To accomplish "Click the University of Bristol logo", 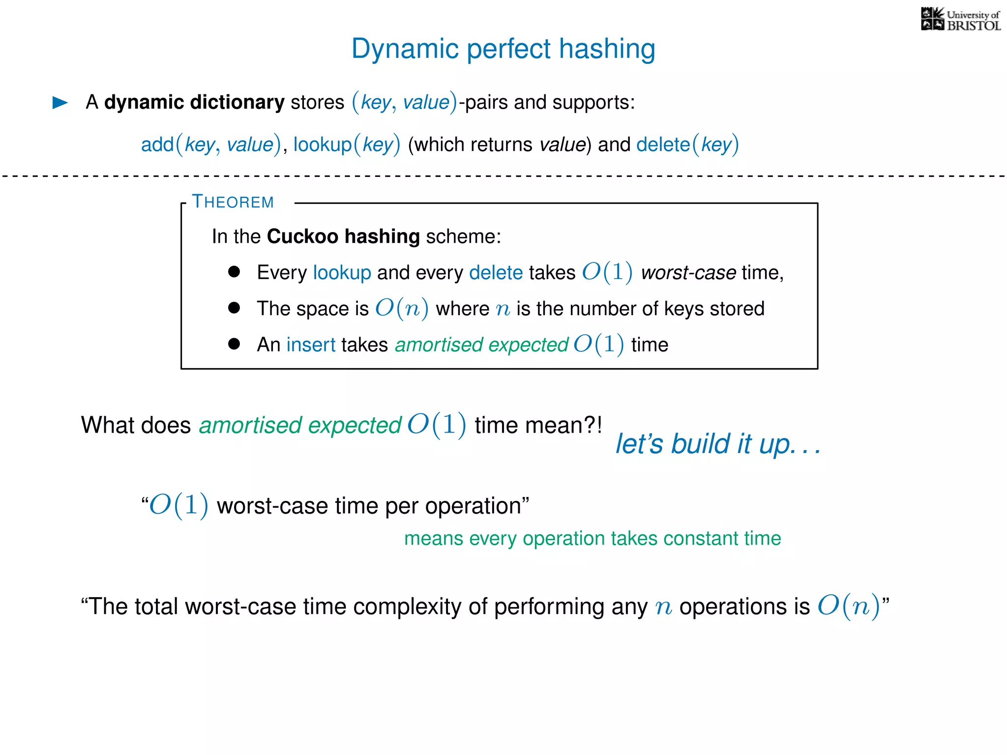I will (960, 20).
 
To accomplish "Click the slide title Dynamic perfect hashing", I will (503, 49).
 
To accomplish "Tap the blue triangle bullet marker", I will (60, 103).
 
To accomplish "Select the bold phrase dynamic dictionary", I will (194, 102).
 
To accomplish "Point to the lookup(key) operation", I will (347, 145).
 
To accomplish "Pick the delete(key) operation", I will (687, 145).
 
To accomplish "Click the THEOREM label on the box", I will (233, 202).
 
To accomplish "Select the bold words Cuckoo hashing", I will (343, 236).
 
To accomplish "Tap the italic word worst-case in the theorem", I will (688, 273).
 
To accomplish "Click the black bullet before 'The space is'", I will (234, 308).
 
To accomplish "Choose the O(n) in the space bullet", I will (402, 309).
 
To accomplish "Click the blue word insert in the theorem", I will (311, 345).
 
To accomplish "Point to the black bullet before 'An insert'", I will (234, 344).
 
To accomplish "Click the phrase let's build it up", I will (718, 444).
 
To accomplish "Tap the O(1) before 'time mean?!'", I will (437, 425).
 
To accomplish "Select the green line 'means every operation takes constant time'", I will (592, 539).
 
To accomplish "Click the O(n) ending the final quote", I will (848, 606).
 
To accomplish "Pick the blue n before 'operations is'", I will (663, 608).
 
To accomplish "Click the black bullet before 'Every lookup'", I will (234, 272).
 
